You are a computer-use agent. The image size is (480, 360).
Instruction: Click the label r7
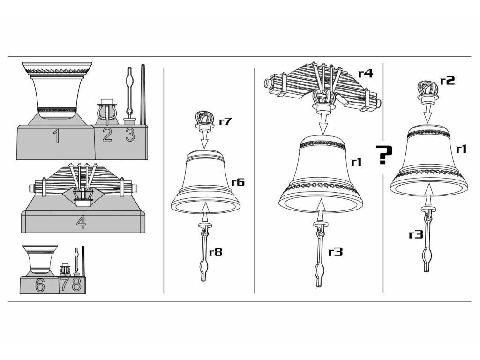225,122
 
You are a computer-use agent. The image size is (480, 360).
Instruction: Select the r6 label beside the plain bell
238,182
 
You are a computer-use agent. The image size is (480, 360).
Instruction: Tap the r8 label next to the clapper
216,253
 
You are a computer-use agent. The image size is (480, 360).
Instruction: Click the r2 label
447,80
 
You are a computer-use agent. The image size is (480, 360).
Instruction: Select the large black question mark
384,155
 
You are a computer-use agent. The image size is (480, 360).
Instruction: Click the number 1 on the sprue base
56,136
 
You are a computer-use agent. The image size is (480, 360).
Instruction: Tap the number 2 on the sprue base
107,135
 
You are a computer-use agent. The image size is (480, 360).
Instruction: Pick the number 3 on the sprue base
130,135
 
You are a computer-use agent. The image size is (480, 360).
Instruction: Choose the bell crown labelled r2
427,91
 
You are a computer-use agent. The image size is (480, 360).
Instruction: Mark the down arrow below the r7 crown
204,140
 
